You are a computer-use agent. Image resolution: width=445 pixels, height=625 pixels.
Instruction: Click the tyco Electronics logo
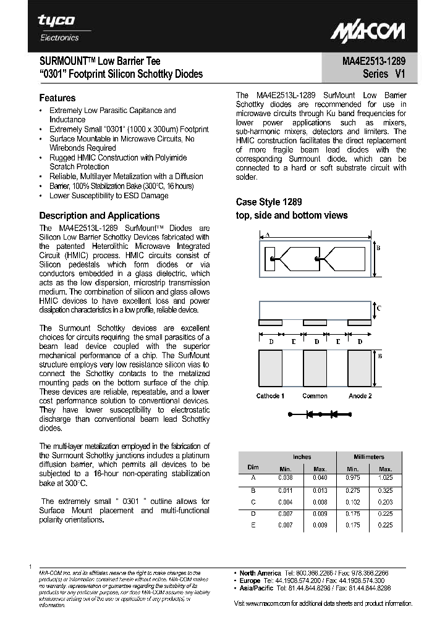[x=59, y=28]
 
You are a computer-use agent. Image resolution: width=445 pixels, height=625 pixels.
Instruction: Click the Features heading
[x=57, y=98]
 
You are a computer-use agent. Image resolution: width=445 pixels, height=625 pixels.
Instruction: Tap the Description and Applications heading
[x=100, y=216]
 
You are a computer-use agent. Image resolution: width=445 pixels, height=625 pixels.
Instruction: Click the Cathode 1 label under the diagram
[x=270, y=396]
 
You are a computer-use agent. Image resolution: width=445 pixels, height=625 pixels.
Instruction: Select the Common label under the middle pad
[x=315, y=396]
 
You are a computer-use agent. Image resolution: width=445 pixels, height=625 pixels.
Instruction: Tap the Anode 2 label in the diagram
[x=360, y=396]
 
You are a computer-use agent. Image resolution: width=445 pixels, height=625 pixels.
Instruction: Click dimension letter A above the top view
[x=266, y=235]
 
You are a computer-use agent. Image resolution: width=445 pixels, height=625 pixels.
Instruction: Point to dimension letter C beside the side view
[x=379, y=308]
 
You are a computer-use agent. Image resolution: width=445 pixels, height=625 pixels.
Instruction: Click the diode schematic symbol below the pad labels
[x=316, y=413]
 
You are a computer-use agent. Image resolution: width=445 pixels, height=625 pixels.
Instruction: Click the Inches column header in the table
[x=302, y=457]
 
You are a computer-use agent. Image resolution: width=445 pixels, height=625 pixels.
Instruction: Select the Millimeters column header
[x=368, y=457]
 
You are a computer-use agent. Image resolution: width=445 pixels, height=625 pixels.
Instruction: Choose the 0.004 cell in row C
[x=285, y=502]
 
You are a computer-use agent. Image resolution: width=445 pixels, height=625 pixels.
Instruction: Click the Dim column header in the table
[x=253, y=468]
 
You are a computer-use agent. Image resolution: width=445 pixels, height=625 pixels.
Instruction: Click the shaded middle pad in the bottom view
[x=315, y=369]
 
